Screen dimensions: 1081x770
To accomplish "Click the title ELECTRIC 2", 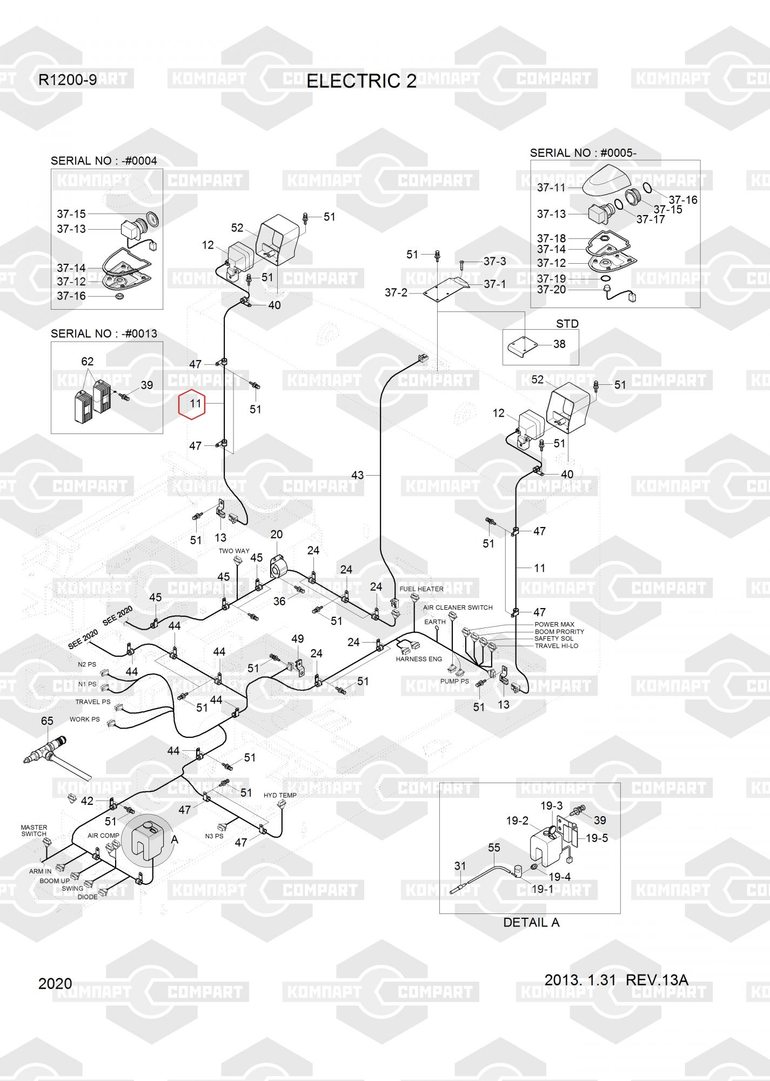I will [x=361, y=81].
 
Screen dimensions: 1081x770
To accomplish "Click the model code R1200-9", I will [x=68, y=80].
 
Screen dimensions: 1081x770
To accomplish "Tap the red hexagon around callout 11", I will [x=192, y=404].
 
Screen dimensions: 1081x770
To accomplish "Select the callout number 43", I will [x=358, y=475].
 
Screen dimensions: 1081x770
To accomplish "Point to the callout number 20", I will [x=276, y=535].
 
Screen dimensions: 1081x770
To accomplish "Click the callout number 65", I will [x=47, y=721].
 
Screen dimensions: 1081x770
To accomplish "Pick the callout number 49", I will [x=297, y=639].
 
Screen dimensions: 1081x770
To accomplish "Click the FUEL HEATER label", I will [x=421, y=589].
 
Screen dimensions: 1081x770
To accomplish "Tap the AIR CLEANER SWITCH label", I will [x=458, y=608].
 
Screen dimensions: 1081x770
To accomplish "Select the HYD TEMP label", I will [x=280, y=795].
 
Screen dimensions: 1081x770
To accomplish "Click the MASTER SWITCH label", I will [x=34, y=830].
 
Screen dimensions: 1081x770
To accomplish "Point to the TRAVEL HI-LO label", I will [x=556, y=646].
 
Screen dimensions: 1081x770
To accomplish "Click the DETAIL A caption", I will [x=531, y=923].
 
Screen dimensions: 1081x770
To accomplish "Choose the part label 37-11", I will [x=551, y=188].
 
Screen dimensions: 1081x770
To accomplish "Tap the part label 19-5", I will [x=597, y=838].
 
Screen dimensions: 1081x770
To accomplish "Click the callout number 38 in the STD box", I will [x=559, y=344].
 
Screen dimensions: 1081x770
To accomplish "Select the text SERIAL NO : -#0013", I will [x=104, y=333].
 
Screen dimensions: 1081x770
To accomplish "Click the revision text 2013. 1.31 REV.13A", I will [x=616, y=980].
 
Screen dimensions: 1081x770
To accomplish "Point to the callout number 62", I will [x=87, y=361].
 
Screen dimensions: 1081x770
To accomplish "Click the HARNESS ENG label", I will [x=419, y=659].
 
